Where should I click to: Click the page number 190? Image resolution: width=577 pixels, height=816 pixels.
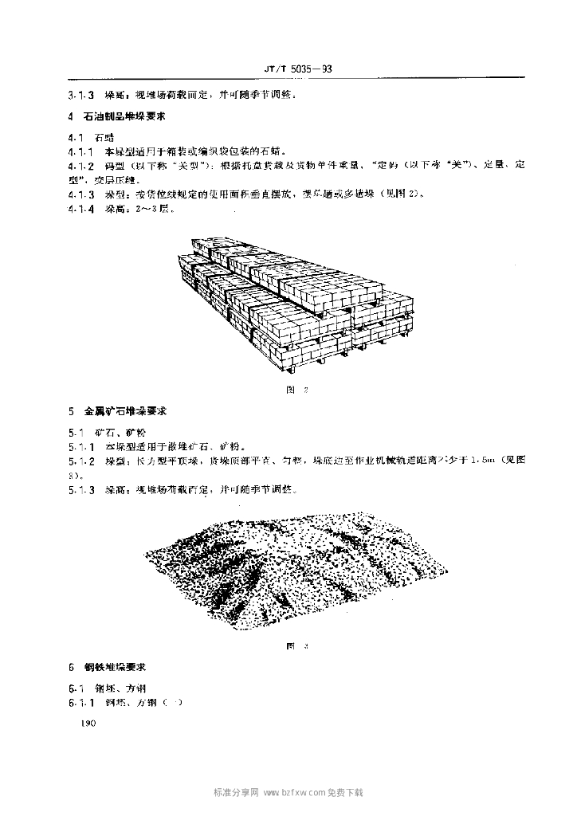[x=84, y=724]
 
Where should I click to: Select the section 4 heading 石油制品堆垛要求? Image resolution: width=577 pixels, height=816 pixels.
[x=128, y=116]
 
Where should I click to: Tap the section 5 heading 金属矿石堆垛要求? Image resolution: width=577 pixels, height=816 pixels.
[x=128, y=412]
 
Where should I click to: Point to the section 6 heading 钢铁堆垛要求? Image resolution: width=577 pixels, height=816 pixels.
[x=123, y=666]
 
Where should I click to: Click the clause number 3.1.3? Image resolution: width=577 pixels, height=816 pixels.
[x=81, y=95]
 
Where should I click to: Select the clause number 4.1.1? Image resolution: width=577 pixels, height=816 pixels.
[x=81, y=151]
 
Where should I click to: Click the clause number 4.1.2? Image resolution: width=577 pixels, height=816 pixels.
[x=81, y=165]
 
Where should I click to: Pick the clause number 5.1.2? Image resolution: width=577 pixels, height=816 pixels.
[x=81, y=461]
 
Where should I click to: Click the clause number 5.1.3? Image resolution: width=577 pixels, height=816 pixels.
[x=81, y=489]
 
